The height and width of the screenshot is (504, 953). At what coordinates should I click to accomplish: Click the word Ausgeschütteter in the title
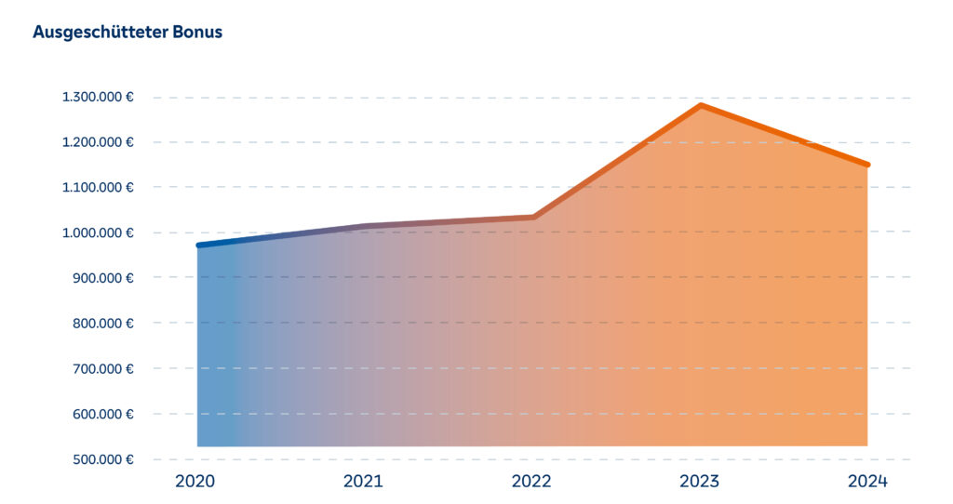pyautogui.click(x=101, y=33)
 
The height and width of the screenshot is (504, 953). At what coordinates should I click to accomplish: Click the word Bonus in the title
pyautogui.click(x=197, y=33)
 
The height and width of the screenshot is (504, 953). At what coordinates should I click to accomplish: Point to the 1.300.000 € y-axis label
pyautogui.click(x=98, y=97)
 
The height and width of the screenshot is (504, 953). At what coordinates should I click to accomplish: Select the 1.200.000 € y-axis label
pyautogui.click(x=98, y=142)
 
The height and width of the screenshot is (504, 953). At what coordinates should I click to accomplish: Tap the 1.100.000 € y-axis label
pyautogui.click(x=98, y=187)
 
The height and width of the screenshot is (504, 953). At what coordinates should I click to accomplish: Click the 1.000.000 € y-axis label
pyautogui.click(x=98, y=232)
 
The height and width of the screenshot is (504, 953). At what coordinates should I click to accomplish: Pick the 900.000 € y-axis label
pyautogui.click(x=102, y=278)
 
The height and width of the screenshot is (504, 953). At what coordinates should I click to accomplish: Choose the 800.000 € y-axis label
pyautogui.click(x=102, y=323)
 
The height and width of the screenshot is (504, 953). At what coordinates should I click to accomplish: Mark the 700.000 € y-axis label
pyautogui.click(x=102, y=368)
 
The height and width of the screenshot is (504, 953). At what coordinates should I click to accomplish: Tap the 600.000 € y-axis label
pyautogui.click(x=102, y=414)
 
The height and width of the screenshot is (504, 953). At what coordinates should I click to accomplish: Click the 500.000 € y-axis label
pyautogui.click(x=102, y=459)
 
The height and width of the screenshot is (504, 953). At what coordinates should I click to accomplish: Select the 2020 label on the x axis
pyautogui.click(x=195, y=482)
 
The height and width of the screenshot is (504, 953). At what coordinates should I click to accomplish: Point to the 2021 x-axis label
pyautogui.click(x=363, y=482)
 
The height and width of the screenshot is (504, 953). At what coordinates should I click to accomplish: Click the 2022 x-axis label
pyautogui.click(x=531, y=482)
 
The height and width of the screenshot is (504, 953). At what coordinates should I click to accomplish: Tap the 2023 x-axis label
pyautogui.click(x=699, y=482)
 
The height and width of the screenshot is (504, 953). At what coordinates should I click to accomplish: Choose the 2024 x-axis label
pyautogui.click(x=867, y=482)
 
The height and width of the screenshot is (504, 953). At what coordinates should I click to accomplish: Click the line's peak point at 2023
pyautogui.click(x=700, y=105)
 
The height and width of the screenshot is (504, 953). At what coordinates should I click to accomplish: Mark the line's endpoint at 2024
pyautogui.click(x=867, y=165)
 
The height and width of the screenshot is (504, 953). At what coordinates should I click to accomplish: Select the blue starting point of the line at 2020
pyautogui.click(x=199, y=245)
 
